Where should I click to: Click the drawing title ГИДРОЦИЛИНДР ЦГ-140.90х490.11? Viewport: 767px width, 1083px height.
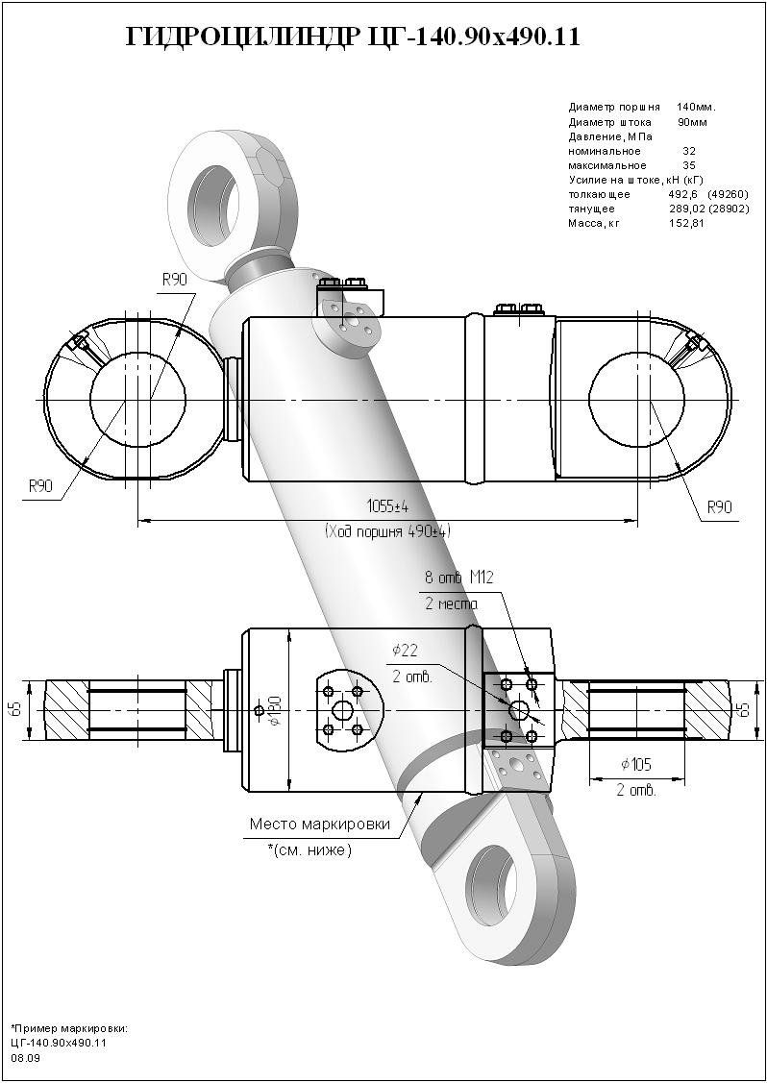click(353, 37)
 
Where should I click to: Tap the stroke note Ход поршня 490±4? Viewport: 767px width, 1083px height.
click(387, 530)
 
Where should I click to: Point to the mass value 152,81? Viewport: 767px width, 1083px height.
click(686, 223)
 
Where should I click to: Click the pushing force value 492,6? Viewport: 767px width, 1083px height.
click(681, 194)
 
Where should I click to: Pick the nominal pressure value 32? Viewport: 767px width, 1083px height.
click(688, 151)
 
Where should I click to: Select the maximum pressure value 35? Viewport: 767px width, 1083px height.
click(688, 165)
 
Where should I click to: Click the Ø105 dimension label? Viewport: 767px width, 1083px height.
click(637, 765)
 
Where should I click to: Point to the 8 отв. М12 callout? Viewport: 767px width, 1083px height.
click(459, 578)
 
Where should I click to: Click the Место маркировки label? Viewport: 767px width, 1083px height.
click(319, 825)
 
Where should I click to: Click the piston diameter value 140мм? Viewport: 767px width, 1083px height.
click(696, 107)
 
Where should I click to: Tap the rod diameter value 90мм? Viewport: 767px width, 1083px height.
click(692, 122)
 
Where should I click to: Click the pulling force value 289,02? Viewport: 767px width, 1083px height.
click(687, 209)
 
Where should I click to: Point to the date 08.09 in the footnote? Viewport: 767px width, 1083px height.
click(26, 1057)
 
